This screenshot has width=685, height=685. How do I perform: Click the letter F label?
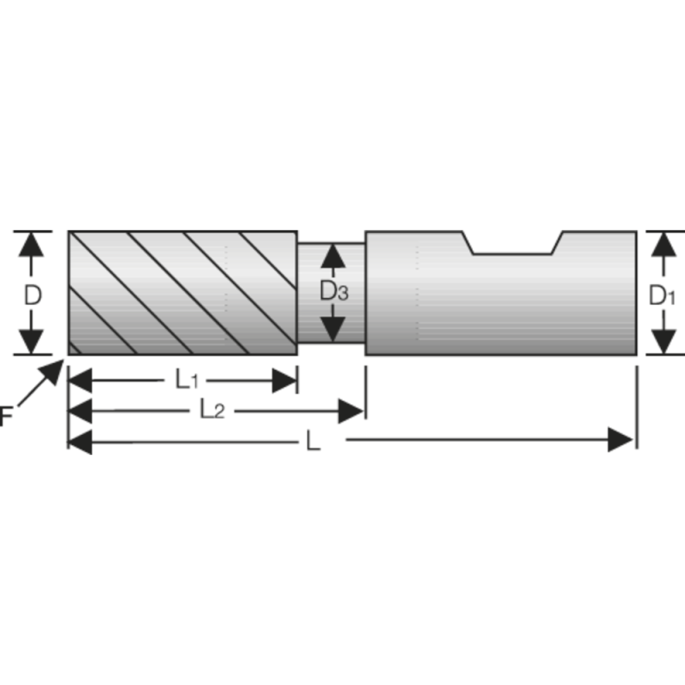[6, 417]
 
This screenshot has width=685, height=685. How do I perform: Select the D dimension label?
[33, 295]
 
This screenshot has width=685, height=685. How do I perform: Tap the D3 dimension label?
[333, 292]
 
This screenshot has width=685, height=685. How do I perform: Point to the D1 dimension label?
[662, 296]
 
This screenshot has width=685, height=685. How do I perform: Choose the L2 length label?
[211, 410]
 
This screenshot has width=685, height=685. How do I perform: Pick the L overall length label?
[313, 443]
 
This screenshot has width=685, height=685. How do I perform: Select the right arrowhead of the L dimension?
[620, 441]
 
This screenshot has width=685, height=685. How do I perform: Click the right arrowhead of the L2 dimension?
[351, 411]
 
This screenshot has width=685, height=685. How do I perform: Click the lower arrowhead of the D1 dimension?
[661, 342]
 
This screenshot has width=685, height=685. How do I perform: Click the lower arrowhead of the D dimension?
[32, 342]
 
